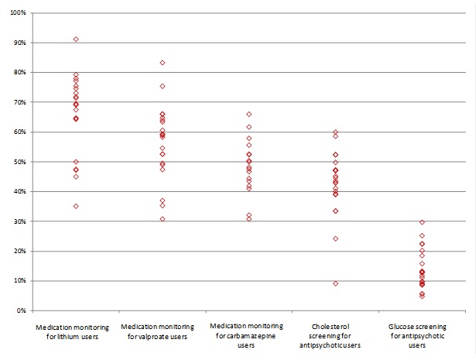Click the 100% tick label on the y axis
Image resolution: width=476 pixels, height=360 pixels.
(17, 13)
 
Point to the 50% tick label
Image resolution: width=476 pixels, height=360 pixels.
(19, 162)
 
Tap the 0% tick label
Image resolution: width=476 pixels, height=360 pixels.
(21, 310)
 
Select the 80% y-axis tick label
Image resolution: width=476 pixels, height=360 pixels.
(19, 73)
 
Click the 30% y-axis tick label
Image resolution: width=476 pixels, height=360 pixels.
(19, 221)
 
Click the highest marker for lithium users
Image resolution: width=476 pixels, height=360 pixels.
(76, 39)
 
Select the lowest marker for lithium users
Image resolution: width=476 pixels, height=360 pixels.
(76, 206)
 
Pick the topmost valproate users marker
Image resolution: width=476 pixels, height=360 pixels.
(163, 63)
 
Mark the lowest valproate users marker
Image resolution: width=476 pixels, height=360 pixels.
(163, 219)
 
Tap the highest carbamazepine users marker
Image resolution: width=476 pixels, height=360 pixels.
(249, 114)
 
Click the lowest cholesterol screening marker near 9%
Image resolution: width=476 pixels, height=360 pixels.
(336, 283)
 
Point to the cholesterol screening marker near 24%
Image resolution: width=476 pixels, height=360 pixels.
(336, 238)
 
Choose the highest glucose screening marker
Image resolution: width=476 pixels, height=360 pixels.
(423, 222)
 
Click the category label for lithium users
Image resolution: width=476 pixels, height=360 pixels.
(76, 332)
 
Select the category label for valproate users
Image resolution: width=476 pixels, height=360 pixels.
(163, 332)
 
